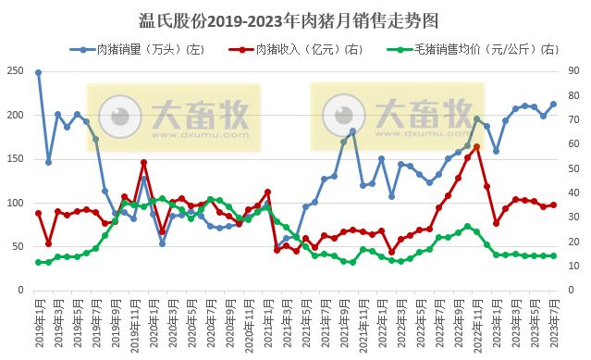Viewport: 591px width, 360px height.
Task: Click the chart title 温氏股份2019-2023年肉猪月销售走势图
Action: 295,19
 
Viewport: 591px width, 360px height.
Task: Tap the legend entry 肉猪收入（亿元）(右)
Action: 302,48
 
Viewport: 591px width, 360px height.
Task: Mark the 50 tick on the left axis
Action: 18,246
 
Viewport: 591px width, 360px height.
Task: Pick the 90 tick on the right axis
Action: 573,71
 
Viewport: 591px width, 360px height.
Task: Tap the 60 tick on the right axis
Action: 573,144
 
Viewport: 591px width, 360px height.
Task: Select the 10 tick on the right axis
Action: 573,266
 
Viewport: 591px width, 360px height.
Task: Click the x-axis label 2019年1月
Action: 38,320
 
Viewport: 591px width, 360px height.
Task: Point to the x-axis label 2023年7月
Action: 553,320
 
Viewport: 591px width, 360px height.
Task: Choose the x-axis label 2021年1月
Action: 267,320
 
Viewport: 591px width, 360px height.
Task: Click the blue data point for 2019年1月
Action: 38,72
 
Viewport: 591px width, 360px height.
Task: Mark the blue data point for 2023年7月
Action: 553,104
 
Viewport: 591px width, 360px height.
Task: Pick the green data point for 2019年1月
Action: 38,262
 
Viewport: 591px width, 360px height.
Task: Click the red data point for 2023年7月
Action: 553,205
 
